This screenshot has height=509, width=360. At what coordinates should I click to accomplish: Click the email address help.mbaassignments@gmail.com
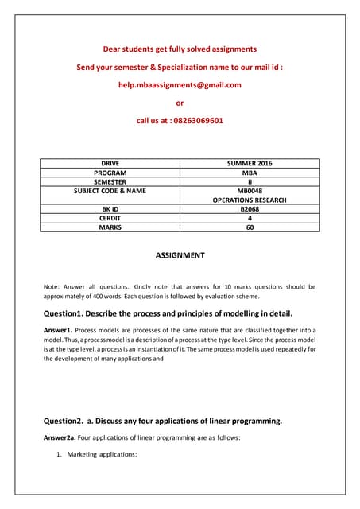[x=179, y=85]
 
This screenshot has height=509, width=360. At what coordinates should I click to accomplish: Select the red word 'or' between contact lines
[x=179, y=103]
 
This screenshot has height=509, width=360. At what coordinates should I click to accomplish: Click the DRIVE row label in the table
[x=110, y=163]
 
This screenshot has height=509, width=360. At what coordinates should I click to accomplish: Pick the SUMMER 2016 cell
[x=250, y=163]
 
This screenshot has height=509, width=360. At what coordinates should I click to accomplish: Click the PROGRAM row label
[x=110, y=173]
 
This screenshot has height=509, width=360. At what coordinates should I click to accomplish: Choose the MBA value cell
[x=250, y=173]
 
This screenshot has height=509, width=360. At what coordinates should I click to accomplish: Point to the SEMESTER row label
[x=110, y=181]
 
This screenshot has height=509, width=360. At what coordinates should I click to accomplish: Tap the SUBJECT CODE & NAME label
[x=110, y=191]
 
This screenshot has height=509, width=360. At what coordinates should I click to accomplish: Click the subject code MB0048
[x=250, y=191]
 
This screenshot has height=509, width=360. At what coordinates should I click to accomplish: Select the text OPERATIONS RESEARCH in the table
[x=250, y=200]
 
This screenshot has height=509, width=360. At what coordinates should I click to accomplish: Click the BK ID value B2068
[x=250, y=209]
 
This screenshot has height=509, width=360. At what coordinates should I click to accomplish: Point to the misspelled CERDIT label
[x=110, y=218]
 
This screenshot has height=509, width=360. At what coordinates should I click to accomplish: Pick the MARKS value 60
[x=250, y=227]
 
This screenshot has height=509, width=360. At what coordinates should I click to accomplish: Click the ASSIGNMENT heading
[x=179, y=256]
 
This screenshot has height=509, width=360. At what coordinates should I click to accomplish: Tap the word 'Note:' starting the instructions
[x=52, y=286]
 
